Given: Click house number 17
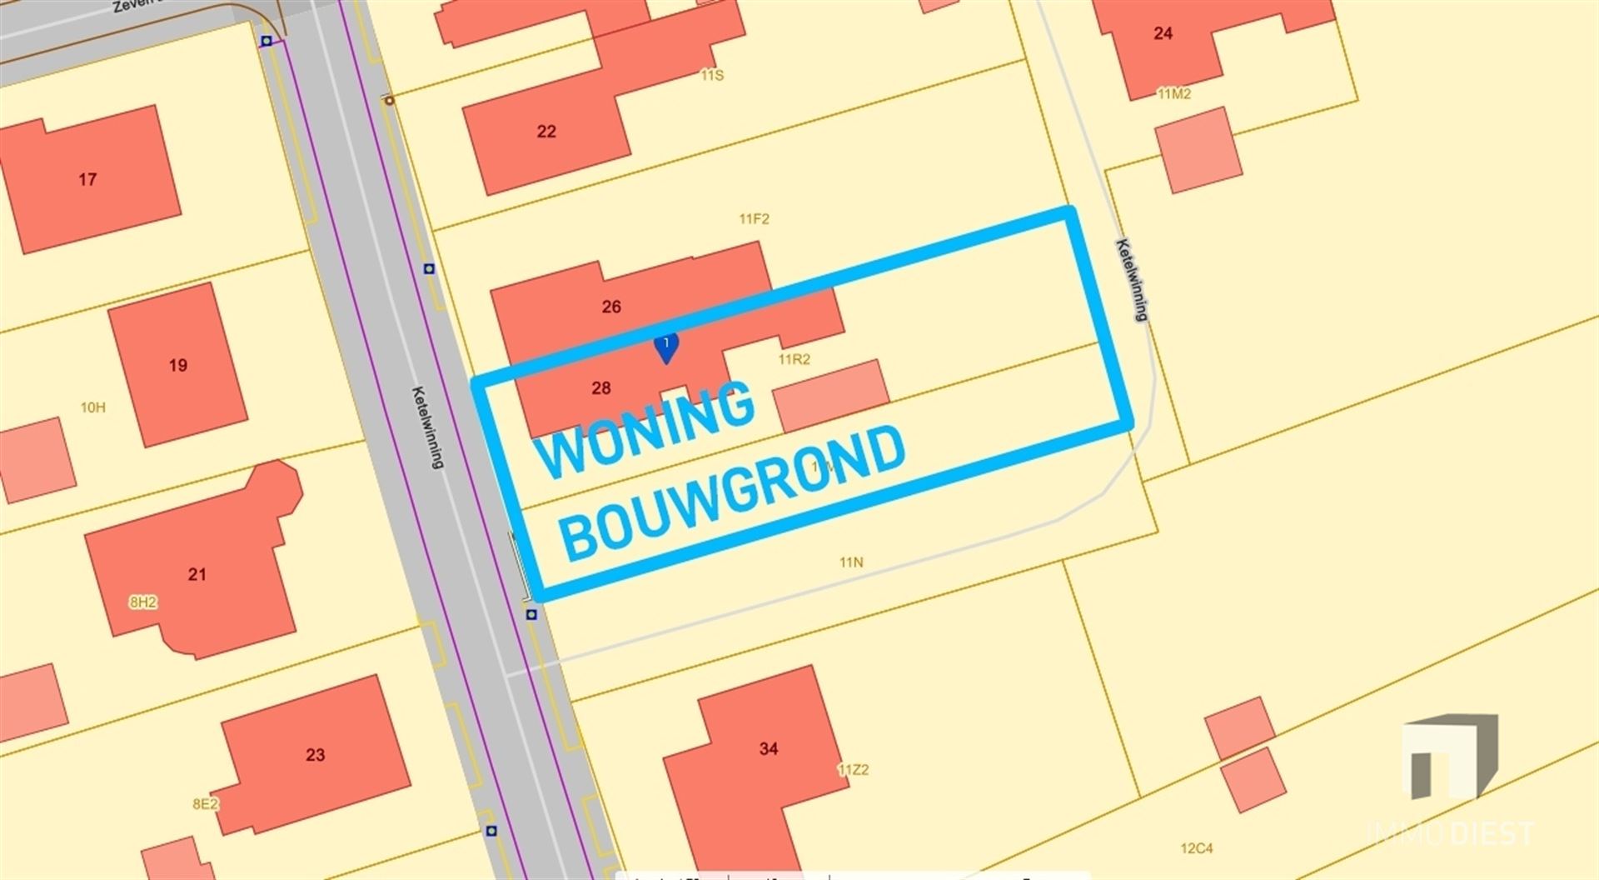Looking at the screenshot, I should tap(87, 179).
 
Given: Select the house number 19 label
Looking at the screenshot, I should tap(177, 365).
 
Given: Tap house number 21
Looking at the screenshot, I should tap(197, 574).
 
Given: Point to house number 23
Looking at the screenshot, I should tap(315, 755).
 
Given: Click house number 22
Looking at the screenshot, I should tap(546, 132).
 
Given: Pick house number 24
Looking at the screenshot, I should tap(1163, 33).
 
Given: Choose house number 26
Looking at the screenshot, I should tap(611, 307).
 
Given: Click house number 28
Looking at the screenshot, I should tap(600, 387).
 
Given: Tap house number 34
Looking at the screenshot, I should tap(768, 749).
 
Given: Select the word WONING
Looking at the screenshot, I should tap(645, 431).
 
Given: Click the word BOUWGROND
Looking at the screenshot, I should tap(733, 495).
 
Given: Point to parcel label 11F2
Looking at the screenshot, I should tap(754, 219).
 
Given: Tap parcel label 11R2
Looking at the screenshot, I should tap(794, 359).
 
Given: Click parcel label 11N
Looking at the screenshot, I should tap(851, 562).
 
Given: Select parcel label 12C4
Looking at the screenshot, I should tap(1196, 848).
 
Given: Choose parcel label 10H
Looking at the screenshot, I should tap(92, 407).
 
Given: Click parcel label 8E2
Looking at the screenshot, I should tap(205, 804).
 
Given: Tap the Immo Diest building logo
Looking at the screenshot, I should tap(1450, 756).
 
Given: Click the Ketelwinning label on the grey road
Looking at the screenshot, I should tap(428, 427).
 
